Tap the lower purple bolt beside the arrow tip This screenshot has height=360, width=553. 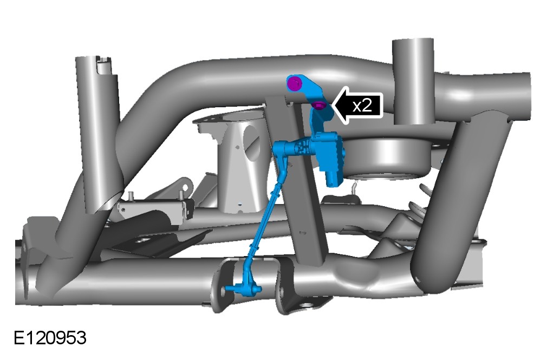[x=320, y=105]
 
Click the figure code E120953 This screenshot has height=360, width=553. [x=50, y=338]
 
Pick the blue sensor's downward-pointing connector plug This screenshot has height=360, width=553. [x=333, y=180]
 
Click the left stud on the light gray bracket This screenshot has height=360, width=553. [x=131, y=195]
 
